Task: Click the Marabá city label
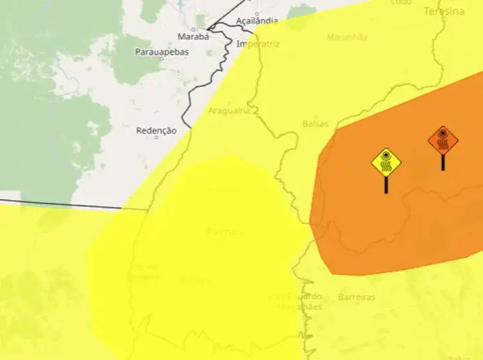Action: point(193,37)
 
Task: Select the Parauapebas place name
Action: point(162,52)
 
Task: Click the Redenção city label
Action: point(156,131)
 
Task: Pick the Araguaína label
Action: point(229,111)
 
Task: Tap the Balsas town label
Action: point(315,123)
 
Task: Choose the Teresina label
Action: point(444,12)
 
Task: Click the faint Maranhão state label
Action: point(346,37)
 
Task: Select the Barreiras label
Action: point(356,298)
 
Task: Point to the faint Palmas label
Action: point(225,231)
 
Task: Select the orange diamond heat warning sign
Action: point(443,140)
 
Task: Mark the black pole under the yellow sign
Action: point(386,185)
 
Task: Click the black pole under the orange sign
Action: point(443,162)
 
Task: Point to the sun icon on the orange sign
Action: point(443,134)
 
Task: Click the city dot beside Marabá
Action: point(210,29)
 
